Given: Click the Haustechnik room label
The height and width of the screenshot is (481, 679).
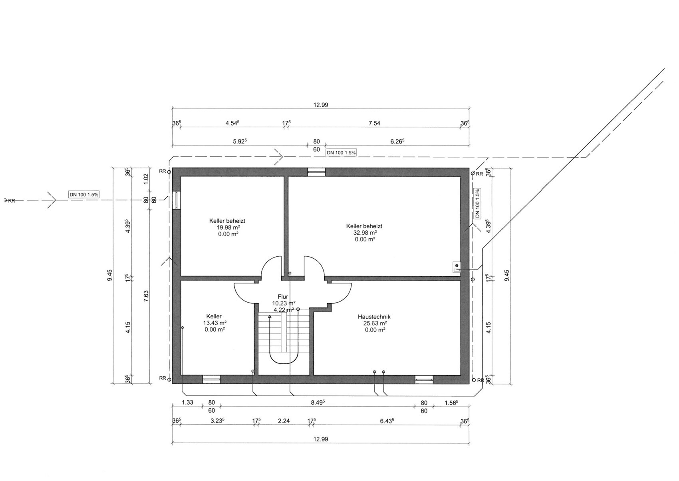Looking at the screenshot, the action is pos(374,317).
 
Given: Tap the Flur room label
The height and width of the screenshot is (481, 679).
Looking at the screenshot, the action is pos(283,297).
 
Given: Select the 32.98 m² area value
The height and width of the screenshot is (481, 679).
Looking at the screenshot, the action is pos(365,233).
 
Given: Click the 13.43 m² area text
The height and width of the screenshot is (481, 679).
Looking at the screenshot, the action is pos(214,323).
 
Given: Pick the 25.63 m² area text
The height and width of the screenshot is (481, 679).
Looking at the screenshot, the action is pos(375,323).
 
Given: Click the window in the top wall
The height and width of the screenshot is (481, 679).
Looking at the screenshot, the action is pos(316,172).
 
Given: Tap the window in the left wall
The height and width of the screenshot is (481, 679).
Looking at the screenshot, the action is pos(177,200).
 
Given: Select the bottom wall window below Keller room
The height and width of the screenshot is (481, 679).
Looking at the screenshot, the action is pos(212,379).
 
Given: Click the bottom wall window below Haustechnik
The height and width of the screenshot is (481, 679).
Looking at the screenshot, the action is pos(424,379).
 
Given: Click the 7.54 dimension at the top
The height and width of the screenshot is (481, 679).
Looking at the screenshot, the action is pos(374,123).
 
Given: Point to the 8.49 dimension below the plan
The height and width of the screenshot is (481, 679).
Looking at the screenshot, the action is pos(318,402).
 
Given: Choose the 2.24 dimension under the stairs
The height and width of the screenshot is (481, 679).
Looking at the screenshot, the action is pos(284,421).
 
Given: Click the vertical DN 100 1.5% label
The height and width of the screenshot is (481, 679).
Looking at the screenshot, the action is pos(477,203).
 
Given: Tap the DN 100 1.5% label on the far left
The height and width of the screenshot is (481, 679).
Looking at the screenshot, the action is pos(84,195).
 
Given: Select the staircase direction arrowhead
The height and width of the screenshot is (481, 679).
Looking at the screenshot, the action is pos(270,317).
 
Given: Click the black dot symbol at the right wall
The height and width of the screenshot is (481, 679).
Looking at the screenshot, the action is pos(457,265).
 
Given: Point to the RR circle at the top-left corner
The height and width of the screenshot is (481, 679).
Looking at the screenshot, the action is pos(169,172).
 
